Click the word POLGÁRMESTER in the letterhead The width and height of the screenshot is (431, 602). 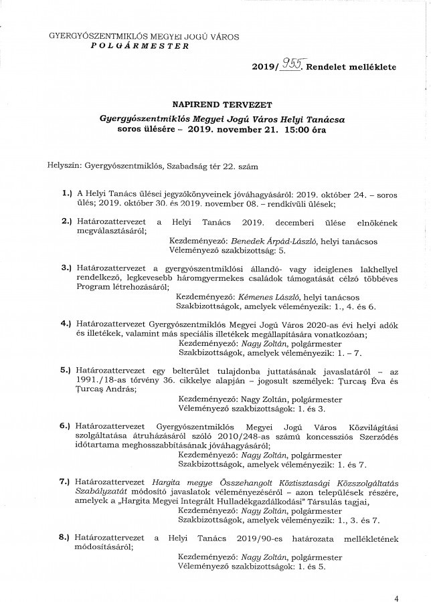pos(138,47)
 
